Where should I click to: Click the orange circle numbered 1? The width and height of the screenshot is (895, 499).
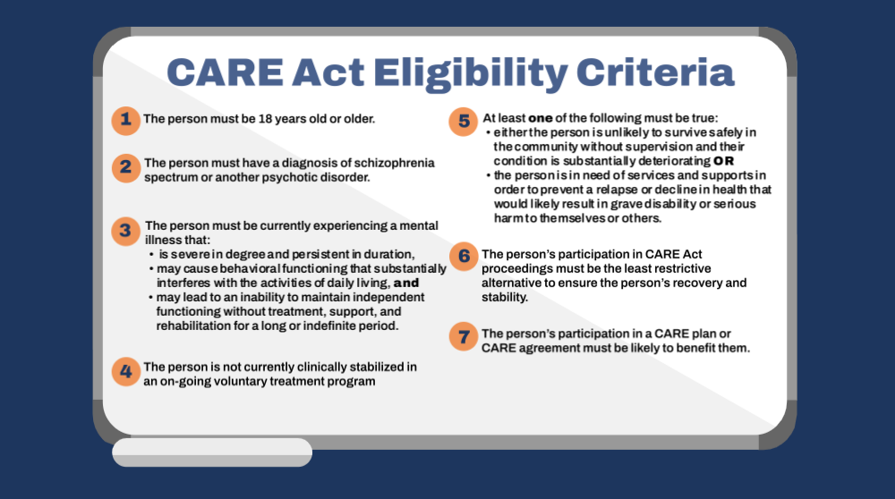pos(125,121)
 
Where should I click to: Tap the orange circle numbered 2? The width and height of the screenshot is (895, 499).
pos(125,168)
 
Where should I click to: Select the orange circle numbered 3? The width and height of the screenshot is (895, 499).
pos(125,231)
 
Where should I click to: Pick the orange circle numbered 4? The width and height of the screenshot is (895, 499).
pos(125,372)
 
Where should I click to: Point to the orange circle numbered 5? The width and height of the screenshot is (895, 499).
pos(463,122)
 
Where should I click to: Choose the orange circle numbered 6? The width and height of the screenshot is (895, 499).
pos(464,257)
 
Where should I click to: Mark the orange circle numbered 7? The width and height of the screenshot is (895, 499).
pos(464,336)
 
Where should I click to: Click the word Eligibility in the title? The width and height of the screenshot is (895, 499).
pos(471,74)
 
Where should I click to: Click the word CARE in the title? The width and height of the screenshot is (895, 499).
pos(225,72)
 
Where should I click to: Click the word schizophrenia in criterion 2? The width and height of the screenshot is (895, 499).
pos(395,163)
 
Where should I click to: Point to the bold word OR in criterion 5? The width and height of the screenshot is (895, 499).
pos(723,161)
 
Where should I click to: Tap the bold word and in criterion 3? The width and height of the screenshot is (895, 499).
pos(406,283)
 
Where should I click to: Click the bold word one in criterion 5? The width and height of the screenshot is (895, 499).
pos(540,119)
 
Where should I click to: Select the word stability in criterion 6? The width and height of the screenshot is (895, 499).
pos(505,297)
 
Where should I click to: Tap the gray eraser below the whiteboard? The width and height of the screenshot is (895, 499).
pos(212,452)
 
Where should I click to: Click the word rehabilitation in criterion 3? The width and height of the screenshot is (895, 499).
pos(185,326)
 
